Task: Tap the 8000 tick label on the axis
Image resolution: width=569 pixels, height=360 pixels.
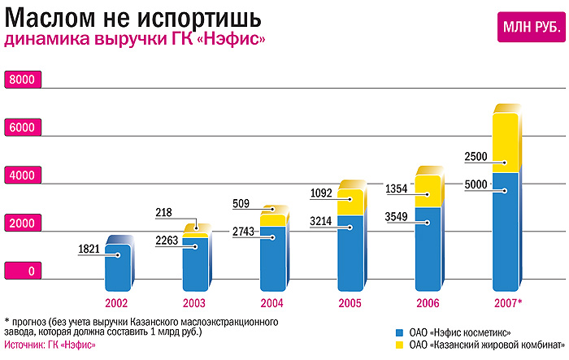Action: pos(22,80)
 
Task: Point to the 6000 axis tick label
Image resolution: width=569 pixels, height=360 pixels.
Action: pos(22,128)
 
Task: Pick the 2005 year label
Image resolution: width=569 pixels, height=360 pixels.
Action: pos(350,303)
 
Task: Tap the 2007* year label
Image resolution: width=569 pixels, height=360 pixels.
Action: pos(508,303)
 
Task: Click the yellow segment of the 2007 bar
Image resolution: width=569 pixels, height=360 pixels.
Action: pos(506,143)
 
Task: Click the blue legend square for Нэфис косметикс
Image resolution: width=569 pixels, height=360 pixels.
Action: pos(398,333)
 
